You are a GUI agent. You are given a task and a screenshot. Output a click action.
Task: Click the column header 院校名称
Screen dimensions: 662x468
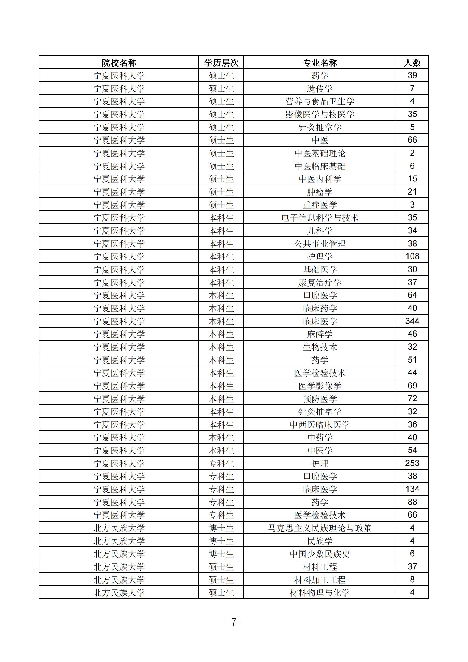[119, 63]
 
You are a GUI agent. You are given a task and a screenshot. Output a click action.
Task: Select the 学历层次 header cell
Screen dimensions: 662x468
[221, 63]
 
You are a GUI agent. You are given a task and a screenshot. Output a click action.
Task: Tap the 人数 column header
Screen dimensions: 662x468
[412, 63]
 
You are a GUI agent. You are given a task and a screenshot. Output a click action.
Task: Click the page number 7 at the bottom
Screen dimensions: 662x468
[234, 622]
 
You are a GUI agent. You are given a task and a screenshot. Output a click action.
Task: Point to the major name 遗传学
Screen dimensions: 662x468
[319, 89]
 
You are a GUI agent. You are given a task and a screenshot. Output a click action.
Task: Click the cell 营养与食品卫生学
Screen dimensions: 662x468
[319, 101]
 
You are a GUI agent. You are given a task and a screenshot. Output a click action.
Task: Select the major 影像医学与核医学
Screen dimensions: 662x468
[319, 114]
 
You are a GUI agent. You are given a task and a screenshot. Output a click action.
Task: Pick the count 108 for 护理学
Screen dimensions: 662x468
[412, 256]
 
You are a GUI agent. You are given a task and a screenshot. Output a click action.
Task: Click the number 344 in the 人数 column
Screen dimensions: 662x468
[412, 321]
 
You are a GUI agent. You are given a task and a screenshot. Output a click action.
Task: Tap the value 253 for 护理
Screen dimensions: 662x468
[412, 463]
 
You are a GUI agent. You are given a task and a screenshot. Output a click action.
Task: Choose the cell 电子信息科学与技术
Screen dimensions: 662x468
[319, 218]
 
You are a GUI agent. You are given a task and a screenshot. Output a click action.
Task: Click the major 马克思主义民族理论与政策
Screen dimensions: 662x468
[319, 528]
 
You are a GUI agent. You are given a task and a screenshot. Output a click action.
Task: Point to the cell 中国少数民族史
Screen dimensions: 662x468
[319, 554]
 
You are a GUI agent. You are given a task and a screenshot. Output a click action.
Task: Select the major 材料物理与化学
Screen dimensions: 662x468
[319, 593]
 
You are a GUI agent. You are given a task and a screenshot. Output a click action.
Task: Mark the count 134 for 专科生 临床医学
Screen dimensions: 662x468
[412, 489]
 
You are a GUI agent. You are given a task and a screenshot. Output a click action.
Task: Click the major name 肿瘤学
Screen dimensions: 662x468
[319, 192]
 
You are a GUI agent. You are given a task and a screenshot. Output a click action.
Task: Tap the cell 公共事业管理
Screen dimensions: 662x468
[319, 244]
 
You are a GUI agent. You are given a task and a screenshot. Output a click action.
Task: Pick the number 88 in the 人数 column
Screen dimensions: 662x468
[412, 502]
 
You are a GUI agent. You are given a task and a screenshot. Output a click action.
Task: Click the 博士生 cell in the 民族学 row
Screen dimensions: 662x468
[221, 541]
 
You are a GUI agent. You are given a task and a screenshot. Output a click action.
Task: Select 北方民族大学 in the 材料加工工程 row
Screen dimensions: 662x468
[119, 580]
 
